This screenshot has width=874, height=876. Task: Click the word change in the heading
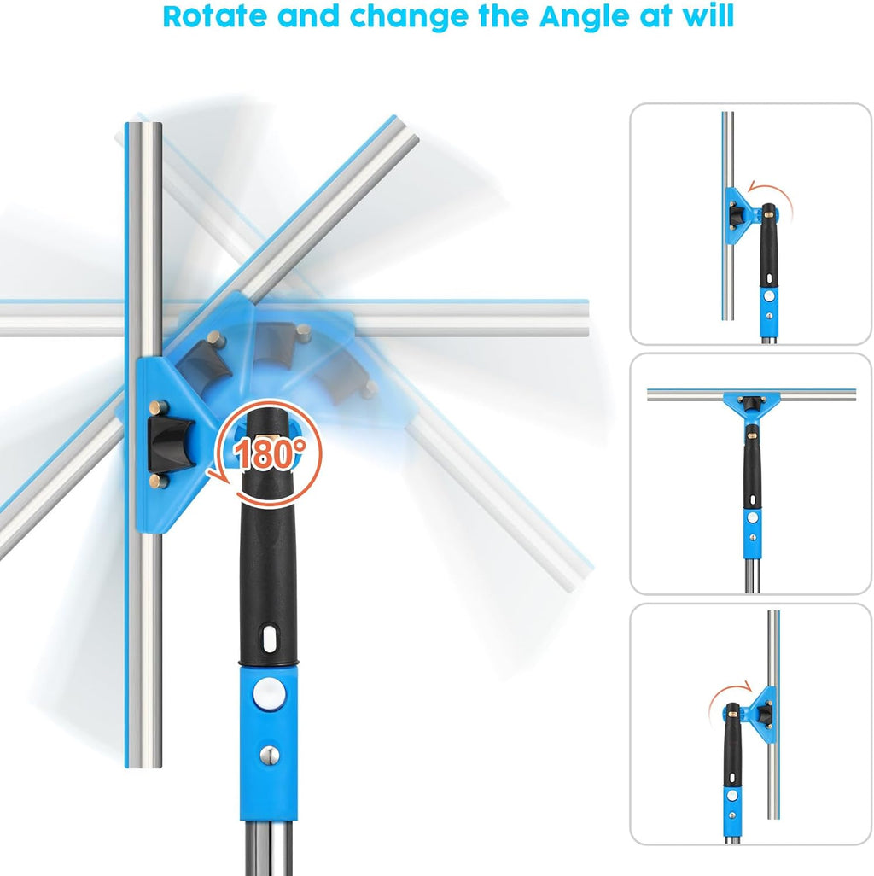(408, 17)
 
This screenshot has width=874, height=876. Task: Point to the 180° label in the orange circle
(269, 453)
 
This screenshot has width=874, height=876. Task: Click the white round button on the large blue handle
(269, 694)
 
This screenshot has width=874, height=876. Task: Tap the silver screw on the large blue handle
(270, 756)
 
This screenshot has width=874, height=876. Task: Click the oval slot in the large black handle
(269, 639)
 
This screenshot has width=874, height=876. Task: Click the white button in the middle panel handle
(752, 517)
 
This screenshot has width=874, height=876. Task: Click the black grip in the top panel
(768, 246)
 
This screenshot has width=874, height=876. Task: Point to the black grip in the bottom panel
(732, 745)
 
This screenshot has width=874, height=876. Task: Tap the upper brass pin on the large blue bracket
(159, 407)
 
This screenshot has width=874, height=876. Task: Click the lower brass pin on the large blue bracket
(159, 481)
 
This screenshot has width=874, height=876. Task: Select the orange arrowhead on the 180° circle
(218, 476)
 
